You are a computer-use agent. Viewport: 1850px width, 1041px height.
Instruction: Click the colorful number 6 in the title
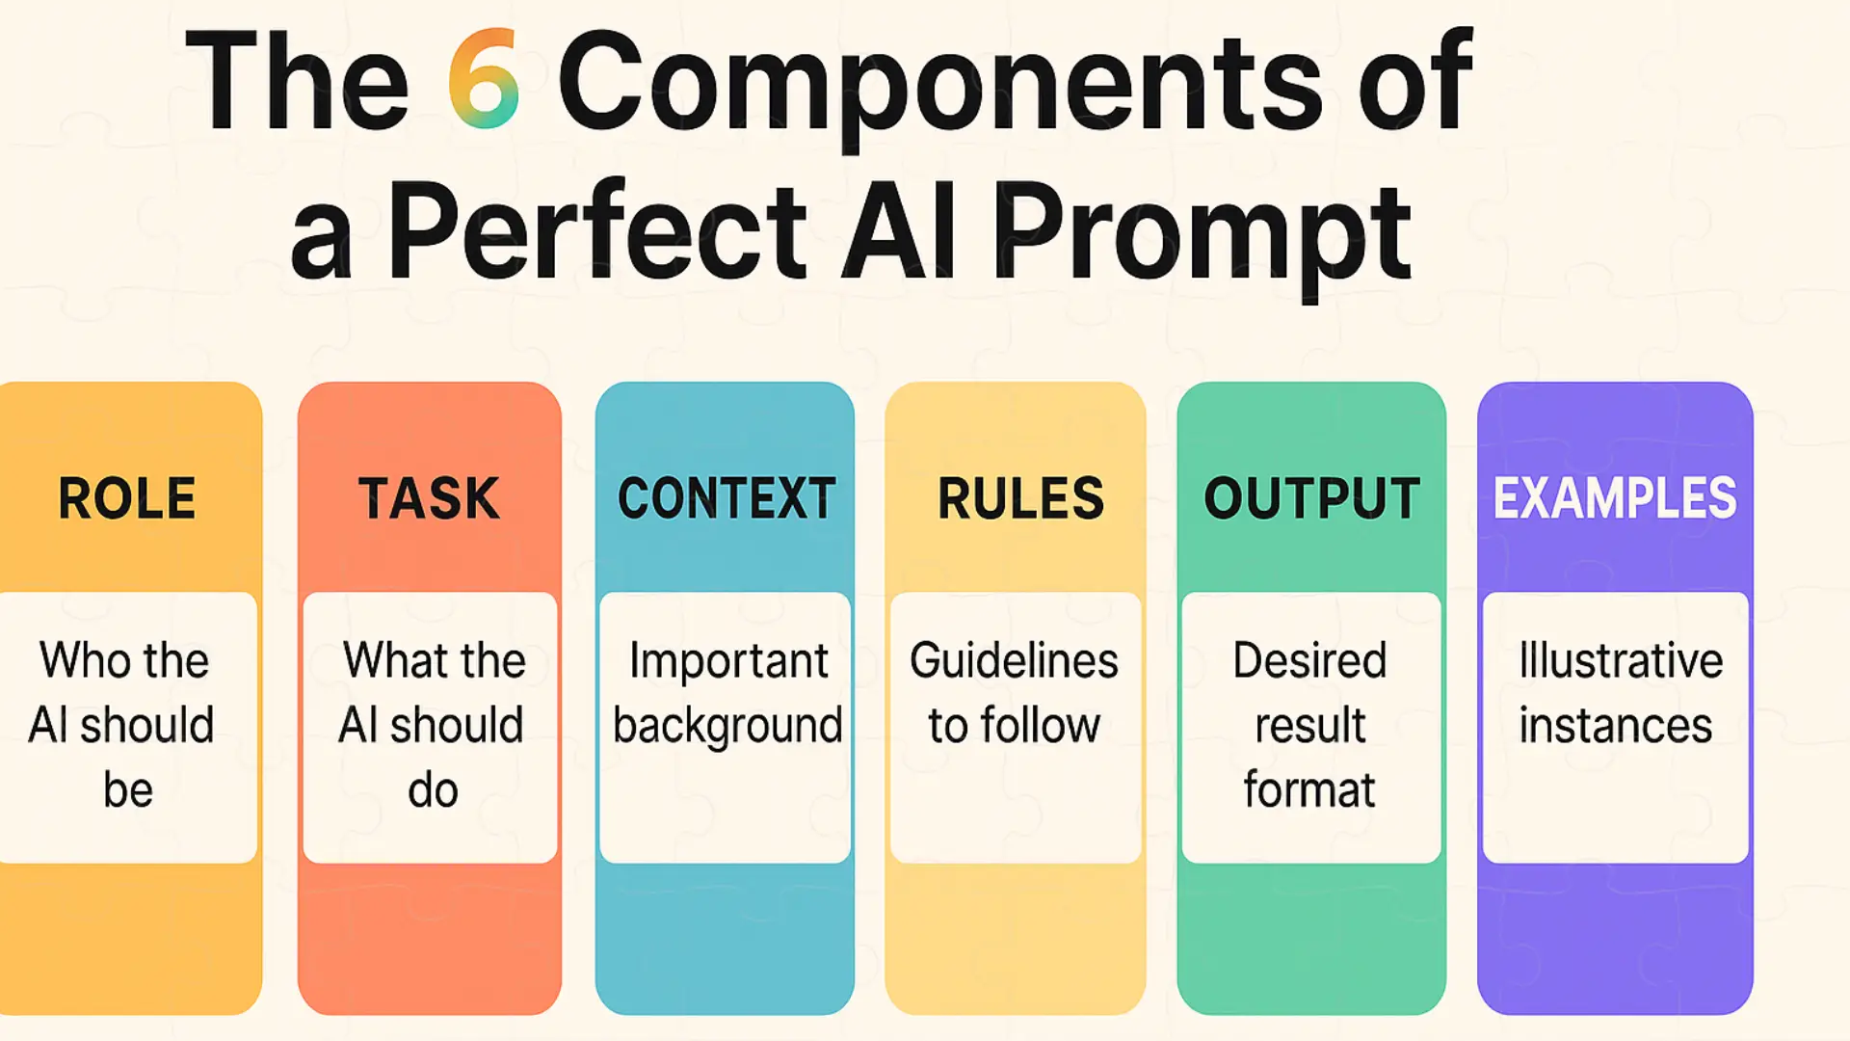484,79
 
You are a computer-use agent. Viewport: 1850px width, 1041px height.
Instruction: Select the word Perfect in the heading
597,231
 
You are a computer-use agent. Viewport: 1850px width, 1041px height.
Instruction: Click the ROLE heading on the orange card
127,498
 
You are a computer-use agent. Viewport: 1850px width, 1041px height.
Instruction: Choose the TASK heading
430,498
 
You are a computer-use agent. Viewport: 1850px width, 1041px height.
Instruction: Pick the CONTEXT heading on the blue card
727,498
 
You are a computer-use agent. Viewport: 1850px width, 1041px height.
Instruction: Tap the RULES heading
1020,498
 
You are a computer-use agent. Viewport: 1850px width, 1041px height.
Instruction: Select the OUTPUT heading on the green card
1312,498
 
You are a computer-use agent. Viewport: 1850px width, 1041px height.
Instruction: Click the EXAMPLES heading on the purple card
1615,498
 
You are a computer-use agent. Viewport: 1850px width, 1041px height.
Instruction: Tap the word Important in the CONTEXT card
728,663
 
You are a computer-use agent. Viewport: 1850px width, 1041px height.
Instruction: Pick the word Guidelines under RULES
1014,660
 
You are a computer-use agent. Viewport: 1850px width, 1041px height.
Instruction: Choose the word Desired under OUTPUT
1310,660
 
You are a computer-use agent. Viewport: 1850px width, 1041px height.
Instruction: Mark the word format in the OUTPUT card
1309,789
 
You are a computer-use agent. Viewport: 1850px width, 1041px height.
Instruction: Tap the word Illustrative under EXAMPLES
1621,660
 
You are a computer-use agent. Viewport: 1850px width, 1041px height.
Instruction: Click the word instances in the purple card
1616,725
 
